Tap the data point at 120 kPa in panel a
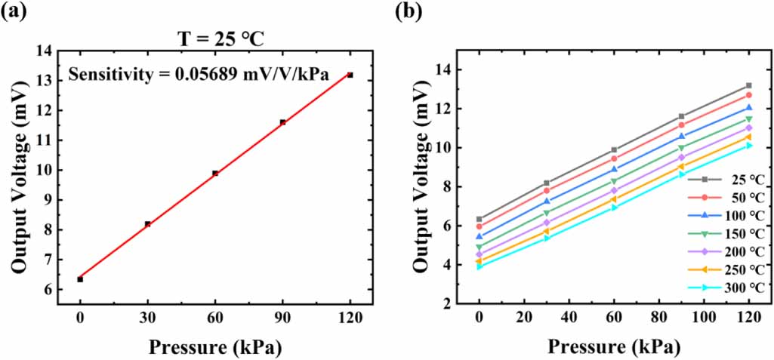coord(350,75)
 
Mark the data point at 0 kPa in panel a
coord(80,279)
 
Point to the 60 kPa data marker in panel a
coord(215,173)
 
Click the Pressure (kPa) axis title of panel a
coord(215,346)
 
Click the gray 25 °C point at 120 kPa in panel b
coord(748,85)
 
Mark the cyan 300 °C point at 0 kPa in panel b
coord(479,266)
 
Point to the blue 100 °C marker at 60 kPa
coord(614,169)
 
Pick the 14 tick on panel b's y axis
coord(446,69)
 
